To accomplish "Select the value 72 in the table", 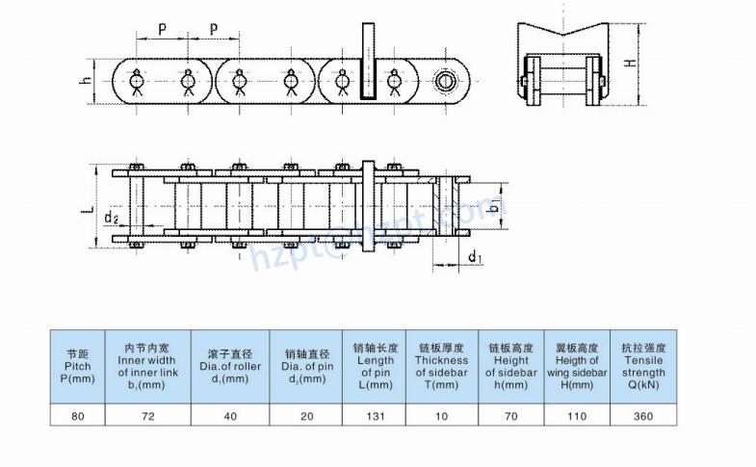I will point(147,416).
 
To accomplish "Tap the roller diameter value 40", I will point(230,416).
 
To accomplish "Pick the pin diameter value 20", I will point(306,416).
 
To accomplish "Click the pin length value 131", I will point(376,416).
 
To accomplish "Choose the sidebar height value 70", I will point(510,416).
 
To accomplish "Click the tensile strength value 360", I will point(643,416).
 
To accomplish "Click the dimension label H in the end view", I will point(630,64).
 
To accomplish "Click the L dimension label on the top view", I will point(86,207).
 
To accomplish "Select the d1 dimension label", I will point(475,256).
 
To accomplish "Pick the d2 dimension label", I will point(112,220).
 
